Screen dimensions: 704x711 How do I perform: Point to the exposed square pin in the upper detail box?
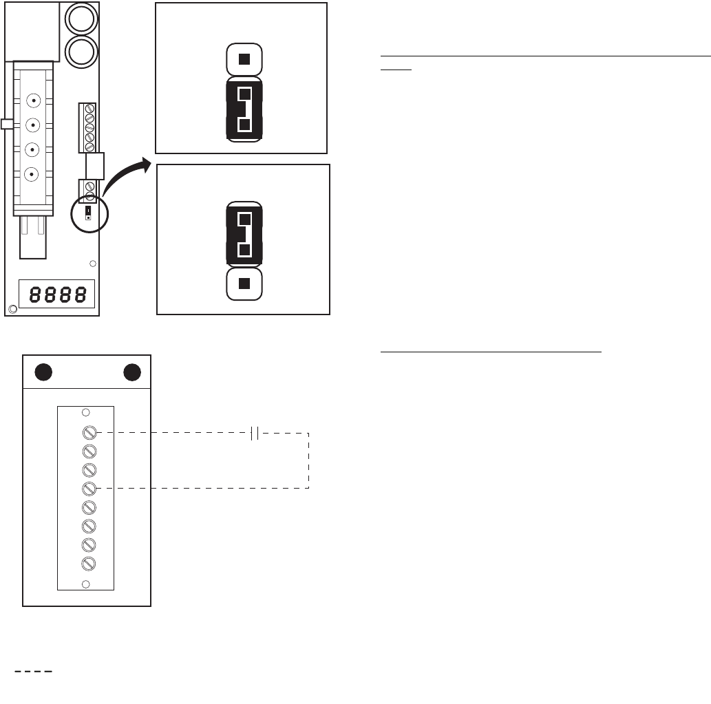coord(244,59)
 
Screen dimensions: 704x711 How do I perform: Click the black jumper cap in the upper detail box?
coord(244,109)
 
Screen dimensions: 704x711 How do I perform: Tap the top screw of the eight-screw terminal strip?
coord(88,433)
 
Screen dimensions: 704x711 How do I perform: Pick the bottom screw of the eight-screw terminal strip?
coord(88,564)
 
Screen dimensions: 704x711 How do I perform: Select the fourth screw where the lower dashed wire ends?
coord(88,489)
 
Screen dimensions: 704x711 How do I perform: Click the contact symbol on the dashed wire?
coord(254,433)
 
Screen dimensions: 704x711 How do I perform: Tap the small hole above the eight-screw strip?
coord(85,413)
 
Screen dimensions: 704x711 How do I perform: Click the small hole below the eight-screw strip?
coord(85,584)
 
